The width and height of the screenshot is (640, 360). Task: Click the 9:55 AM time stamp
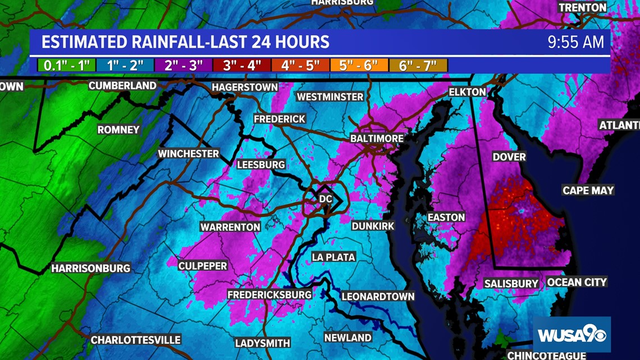click(576, 42)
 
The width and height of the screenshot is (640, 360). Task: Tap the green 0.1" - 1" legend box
click(67, 65)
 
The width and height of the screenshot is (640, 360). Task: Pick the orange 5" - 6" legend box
click(358, 65)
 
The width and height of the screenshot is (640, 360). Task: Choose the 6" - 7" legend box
click(418, 65)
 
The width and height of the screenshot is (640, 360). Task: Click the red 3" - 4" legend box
click(242, 65)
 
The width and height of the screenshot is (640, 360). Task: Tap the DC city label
click(326, 199)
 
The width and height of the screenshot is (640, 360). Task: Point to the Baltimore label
click(377, 138)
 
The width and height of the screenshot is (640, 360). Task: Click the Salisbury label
click(511, 284)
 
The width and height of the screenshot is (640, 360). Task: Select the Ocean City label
click(577, 282)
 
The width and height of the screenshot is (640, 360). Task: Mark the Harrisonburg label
click(91, 268)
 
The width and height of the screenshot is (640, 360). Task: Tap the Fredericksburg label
click(269, 295)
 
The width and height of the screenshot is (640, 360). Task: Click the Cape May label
click(588, 190)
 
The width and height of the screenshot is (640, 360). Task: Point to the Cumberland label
click(122, 85)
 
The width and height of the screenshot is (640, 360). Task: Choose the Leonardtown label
click(378, 297)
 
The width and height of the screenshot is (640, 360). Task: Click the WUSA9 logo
click(572, 335)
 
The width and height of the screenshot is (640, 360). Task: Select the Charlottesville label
click(136, 340)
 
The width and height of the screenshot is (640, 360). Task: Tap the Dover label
click(509, 157)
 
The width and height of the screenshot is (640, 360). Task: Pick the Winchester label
click(188, 153)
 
